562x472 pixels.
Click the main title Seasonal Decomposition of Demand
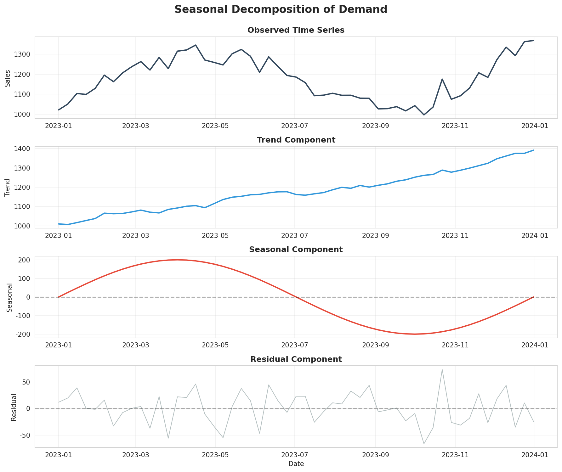pos(281,9)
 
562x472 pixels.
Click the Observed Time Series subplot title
pos(296,30)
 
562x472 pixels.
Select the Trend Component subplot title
pos(296,140)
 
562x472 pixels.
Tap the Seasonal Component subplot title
pos(296,250)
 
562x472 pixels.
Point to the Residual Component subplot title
pos(296,359)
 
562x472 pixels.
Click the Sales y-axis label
pos(8,78)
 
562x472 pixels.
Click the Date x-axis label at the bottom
pos(296,464)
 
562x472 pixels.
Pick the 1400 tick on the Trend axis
pos(23,149)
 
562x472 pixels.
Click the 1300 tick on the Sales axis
pos(23,54)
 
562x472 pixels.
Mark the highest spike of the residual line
pos(442,370)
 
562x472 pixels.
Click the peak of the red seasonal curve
pos(177,260)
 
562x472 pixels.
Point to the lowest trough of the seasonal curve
pos(415,334)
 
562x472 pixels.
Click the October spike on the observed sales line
pos(442,79)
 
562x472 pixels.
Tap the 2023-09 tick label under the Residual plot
pos(375,455)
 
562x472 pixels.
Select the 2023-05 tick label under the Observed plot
pos(215,126)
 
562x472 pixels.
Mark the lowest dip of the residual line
pos(424,444)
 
